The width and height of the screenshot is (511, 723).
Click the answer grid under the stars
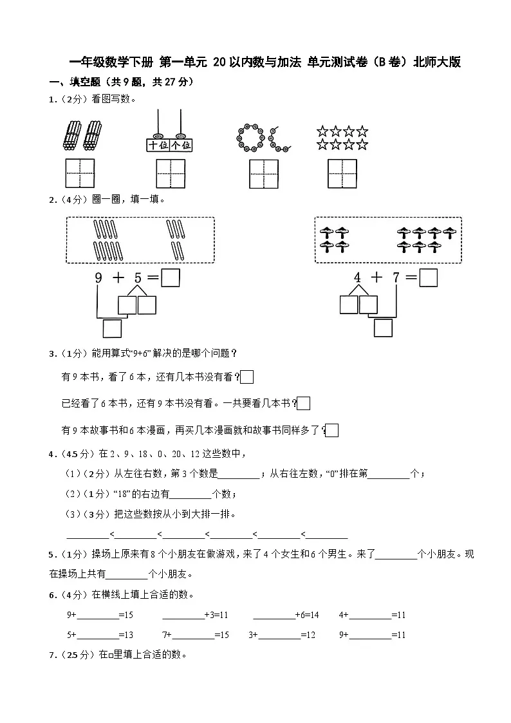(342, 174)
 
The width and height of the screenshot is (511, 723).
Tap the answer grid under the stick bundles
(80, 174)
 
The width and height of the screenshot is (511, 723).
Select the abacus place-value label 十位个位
(170, 146)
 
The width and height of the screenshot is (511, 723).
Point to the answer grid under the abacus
(171, 174)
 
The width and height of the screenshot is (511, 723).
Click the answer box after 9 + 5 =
(170, 277)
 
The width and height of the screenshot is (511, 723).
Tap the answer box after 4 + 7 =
(428, 277)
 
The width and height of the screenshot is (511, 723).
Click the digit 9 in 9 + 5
(98, 278)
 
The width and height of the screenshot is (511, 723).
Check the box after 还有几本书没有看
(246, 377)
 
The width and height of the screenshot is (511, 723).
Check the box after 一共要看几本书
(304, 404)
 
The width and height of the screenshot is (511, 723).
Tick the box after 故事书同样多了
(332, 430)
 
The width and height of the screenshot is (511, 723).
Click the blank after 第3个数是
(239, 474)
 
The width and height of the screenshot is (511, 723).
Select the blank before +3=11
(183, 615)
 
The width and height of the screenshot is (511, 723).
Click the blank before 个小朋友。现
(396, 554)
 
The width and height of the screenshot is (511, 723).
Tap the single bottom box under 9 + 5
(112, 328)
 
